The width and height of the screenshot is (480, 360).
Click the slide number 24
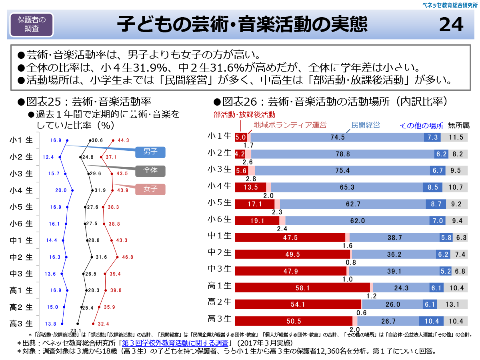[451, 25]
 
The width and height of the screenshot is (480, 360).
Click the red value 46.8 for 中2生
[128, 257]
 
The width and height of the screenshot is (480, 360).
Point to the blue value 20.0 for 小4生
[61, 190]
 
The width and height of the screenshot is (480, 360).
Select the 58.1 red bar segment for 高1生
[303, 288]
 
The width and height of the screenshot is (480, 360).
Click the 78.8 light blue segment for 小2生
[342, 154]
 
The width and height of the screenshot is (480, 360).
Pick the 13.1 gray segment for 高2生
[452, 304]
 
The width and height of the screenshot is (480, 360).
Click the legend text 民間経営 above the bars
[365, 125]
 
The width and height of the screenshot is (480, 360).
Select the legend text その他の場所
[422, 125]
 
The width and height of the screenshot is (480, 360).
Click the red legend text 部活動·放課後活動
[244, 114]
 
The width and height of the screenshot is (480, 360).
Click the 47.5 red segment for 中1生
[290, 238]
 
